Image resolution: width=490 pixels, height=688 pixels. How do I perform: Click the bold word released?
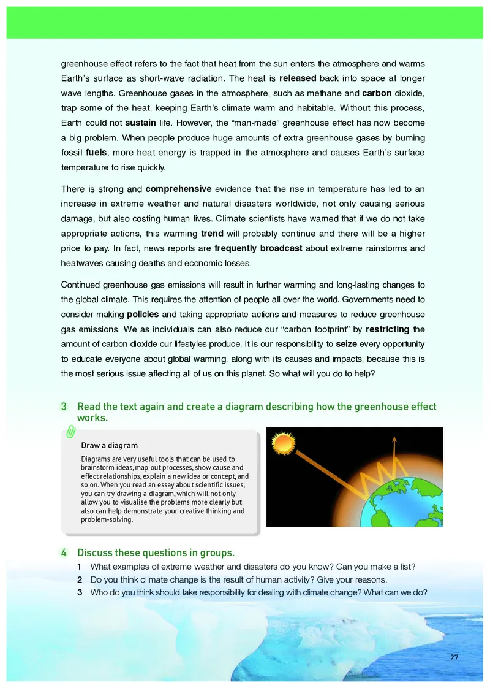pos(298,79)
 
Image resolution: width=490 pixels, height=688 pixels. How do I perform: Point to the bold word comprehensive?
pos(178,189)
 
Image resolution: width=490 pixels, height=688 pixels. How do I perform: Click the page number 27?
pos(454,658)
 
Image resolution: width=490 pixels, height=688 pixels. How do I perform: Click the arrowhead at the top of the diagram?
pos(394,438)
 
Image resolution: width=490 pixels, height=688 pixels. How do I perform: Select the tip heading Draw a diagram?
pos(109,445)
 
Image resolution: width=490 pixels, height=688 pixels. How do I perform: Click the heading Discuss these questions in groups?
pos(156,552)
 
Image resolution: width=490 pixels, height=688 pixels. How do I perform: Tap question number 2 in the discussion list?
pos(80,579)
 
